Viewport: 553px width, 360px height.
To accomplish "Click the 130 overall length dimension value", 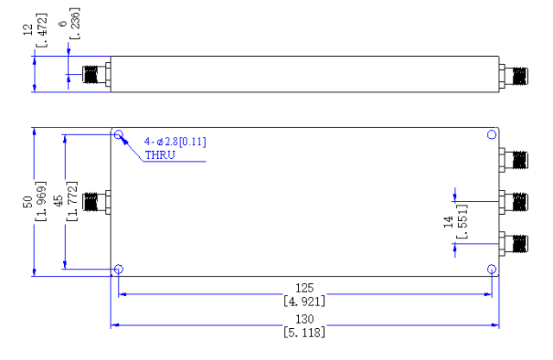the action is [304, 319].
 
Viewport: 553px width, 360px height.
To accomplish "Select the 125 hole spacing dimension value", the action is [304, 288].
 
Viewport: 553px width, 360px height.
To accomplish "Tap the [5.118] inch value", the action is [304, 332].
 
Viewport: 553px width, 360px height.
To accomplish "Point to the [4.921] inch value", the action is [304, 301].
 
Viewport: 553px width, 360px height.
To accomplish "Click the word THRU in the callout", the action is [160, 155].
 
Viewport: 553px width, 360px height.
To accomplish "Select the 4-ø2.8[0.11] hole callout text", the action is [175, 142].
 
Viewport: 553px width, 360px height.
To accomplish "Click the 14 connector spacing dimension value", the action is [448, 222].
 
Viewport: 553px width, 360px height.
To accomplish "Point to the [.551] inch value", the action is [462, 222].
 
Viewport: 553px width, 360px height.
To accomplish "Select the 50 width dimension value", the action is [28, 202].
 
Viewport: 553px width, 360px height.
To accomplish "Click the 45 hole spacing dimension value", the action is [58, 202].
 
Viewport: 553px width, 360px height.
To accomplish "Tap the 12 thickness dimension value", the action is [28, 29].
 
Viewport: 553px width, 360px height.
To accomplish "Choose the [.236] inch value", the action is [75, 23].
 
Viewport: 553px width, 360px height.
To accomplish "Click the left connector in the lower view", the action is [96, 202].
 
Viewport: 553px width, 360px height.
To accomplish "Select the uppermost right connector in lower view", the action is [513, 161].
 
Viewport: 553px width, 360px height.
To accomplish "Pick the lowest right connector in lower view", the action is [513, 243].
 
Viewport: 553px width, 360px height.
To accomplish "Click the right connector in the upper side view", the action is [513, 76].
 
